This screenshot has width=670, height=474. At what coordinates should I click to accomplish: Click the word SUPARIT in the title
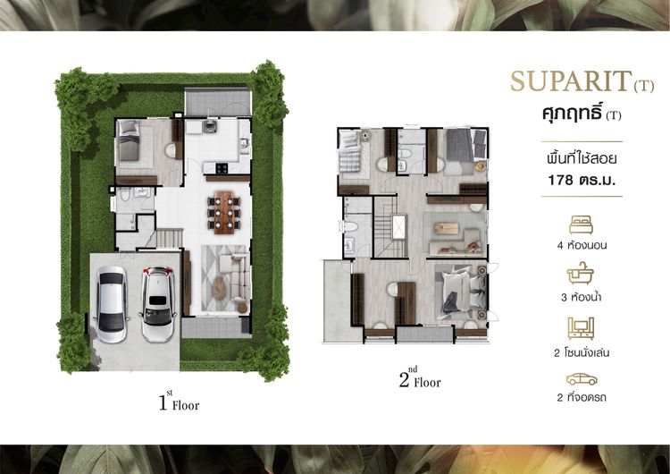(571, 80)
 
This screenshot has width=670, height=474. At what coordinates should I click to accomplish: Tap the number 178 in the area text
(561, 180)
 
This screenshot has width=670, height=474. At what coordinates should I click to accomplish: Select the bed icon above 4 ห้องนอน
(582, 224)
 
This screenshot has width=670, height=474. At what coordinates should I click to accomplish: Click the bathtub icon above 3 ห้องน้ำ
(581, 274)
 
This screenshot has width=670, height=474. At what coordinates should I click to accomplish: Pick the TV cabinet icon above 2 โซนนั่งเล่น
(581, 328)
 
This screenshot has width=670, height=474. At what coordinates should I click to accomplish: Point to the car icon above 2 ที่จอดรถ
(582, 379)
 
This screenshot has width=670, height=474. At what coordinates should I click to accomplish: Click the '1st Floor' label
(179, 402)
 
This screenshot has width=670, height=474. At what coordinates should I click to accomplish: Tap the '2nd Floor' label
(420, 377)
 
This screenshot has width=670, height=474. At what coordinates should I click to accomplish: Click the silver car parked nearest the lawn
(111, 304)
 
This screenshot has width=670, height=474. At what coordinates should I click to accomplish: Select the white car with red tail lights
(157, 304)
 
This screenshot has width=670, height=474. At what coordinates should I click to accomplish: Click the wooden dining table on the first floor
(224, 213)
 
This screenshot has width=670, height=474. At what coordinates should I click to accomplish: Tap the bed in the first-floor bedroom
(129, 140)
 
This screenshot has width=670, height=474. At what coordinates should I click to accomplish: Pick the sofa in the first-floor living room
(237, 277)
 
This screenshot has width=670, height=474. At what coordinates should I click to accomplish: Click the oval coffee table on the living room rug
(219, 288)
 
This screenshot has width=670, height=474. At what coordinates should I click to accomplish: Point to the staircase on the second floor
(389, 227)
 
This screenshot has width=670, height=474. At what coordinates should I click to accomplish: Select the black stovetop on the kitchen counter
(222, 168)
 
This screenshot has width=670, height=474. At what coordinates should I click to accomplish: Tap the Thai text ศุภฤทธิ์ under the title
(573, 114)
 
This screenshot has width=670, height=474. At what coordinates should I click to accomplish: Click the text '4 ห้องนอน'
(582, 246)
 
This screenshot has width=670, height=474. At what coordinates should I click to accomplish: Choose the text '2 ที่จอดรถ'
(582, 397)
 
